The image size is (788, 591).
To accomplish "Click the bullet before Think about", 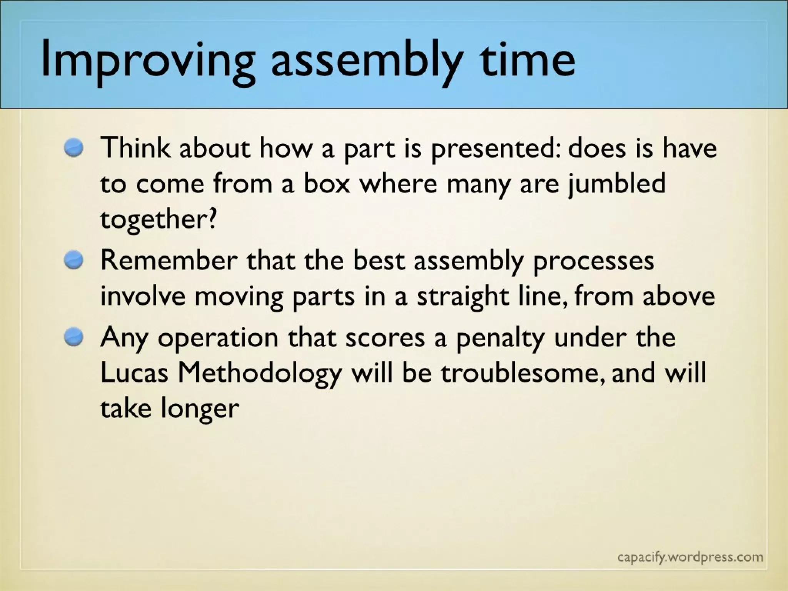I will (x=74, y=148).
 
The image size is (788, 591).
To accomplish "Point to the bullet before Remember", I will (x=74, y=260).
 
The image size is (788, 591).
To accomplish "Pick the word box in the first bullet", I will (x=327, y=184).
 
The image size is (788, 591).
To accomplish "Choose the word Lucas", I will (x=134, y=372).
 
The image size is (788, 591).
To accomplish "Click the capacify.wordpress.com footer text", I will (x=690, y=557).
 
